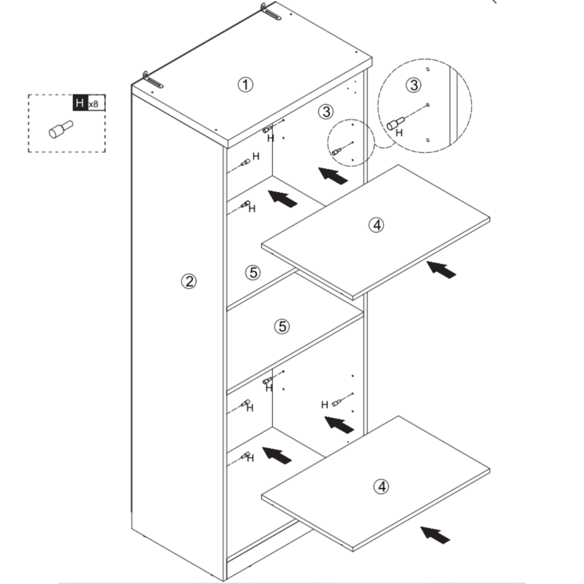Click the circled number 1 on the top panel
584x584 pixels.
[245, 85]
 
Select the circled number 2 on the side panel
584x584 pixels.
[189, 281]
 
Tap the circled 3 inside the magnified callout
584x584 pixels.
[413, 86]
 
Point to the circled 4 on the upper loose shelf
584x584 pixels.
[376, 225]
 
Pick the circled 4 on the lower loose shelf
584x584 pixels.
[382, 486]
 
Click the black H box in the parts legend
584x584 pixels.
[79, 103]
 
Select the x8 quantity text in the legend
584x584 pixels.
[94, 104]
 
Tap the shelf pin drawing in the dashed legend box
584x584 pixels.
[60, 129]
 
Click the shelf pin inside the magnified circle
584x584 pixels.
[395, 123]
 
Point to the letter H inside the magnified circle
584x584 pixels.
[399, 133]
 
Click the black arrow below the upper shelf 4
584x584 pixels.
[441, 269]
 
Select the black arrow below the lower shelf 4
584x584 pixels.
[435, 534]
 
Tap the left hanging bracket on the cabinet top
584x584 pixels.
[152, 80]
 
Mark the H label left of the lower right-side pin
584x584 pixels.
[325, 404]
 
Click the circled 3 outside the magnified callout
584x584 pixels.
[326, 112]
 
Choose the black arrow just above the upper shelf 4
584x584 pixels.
[333, 175]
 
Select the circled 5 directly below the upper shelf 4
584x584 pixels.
[282, 327]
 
